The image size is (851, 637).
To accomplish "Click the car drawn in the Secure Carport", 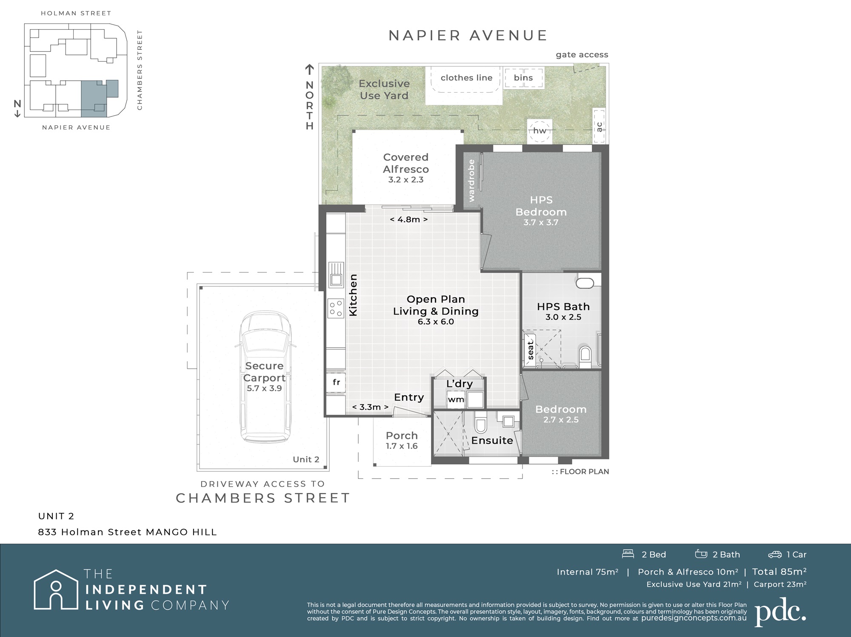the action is (x=265, y=377).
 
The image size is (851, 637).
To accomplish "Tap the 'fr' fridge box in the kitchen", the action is (x=336, y=382).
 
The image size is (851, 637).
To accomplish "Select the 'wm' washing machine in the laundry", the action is (x=456, y=399).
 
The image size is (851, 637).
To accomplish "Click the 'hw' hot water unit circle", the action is (x=540, y=130).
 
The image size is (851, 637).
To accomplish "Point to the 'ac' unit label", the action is (x=599, y=127).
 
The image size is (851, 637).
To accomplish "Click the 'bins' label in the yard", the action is (x=523, y=78).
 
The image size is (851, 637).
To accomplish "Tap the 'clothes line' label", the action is (x=466, y=78).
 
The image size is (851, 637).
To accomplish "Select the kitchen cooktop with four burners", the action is (x=336, y=309).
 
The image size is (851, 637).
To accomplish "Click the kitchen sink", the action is (x=336, y=275).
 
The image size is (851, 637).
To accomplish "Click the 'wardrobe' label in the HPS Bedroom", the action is (x=471, y=181).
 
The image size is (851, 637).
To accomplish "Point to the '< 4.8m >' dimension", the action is (x=409, y=219).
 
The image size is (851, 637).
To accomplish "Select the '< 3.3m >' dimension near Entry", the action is (x=370, y=407).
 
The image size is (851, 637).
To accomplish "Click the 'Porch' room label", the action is (x=402, y=436).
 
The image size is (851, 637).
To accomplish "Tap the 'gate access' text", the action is (x=582, y=55).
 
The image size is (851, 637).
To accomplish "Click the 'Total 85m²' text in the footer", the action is (x=779, y=572).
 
